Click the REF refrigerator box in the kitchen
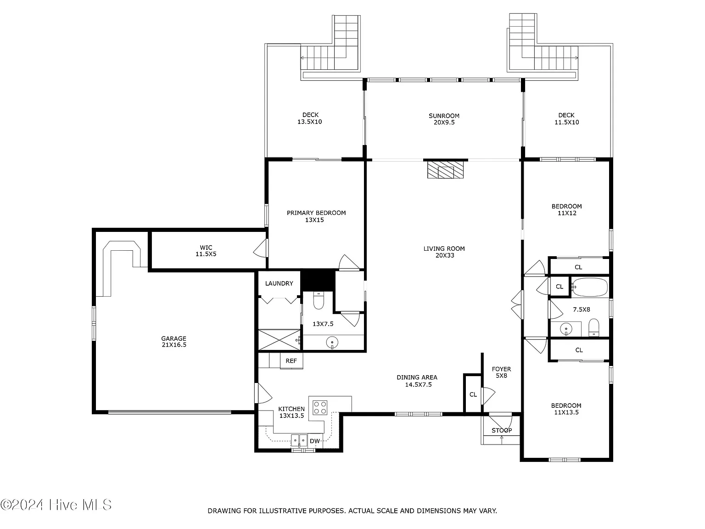(291, 360)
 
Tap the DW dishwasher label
(315, 441)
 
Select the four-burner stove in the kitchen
(320, 408)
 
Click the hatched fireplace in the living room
(445, 169)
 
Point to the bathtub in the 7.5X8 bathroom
(590, 287)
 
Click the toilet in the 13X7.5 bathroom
(318, 300)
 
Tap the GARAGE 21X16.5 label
(174, 342)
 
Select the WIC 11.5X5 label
(206, 251)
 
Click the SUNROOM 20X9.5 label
(444, 119)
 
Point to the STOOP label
(502, 430)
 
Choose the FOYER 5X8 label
(501, 372)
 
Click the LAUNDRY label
(279, 283)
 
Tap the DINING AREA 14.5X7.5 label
(417, 381)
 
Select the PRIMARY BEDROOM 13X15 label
(316, 216)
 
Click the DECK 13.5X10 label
(310, 118)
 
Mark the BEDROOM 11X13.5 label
(566, 409)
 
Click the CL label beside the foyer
(473, 394)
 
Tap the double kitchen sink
(299, 440)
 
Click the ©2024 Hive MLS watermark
(56, 505)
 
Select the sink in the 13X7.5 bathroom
(332, 343)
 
